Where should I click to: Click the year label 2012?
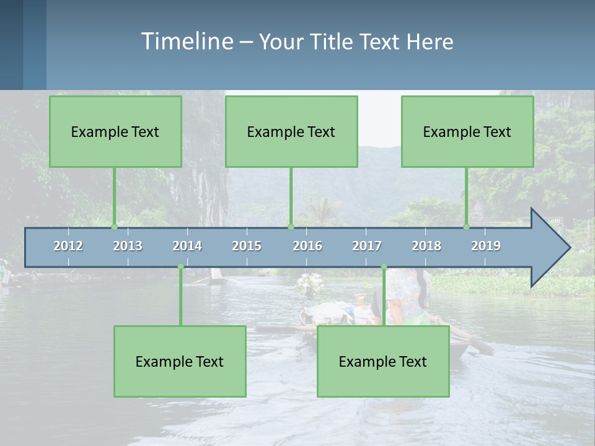pyautogui.click(x=68, y=246)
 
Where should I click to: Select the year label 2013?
pyautogui.click(x=128, y=246)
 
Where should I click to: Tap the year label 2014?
pyautogui.click(x=187, y=246)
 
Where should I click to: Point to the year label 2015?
pyautogui.click(x=247, y=246)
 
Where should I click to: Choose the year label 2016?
pyautogui.click(x=307, y=246)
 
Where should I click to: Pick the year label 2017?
pyautogui.click(x=367, y=246)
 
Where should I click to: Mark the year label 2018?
pyautogui.click(x=426, y=246)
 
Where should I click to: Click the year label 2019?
pyautogui.click(x=486, y=246)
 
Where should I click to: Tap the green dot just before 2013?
pyautogui.click(x=114, y=227)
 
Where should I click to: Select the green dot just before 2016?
pyautogui.click(x=291, y=227)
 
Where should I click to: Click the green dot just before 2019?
pyautogui.click(x=466, y=227)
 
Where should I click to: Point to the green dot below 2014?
pyautogui.click(x=180, y=266)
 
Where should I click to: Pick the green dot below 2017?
pyautogui.click(x=384, y=266)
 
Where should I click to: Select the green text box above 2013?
pyautogui.click(x=115, y=131)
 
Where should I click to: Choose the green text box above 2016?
pyautogui.click(x=291, y=131)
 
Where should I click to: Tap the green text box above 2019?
pyautogui.click(x=467, y=131)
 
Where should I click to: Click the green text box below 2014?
pyautogui.click(x=180, y=361)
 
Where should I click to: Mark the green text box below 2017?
pyautogui.click(x=383, y=361)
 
